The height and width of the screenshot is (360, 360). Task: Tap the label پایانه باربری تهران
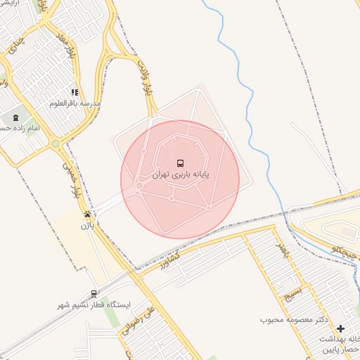[181, 174]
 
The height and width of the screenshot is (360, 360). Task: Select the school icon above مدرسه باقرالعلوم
[74, 92]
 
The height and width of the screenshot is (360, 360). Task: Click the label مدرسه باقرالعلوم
[75, 103]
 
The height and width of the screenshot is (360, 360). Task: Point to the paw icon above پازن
[86, 214]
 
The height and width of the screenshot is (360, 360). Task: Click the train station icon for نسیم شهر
[94, 294]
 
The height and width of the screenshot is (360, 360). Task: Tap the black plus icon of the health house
[341, 328]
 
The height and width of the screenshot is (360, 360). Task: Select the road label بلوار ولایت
[148, 79]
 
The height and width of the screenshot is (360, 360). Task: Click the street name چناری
[13, 48]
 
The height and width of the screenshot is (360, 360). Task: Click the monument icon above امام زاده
[16, 117]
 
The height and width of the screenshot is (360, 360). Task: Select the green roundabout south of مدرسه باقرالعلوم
[56, 143]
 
